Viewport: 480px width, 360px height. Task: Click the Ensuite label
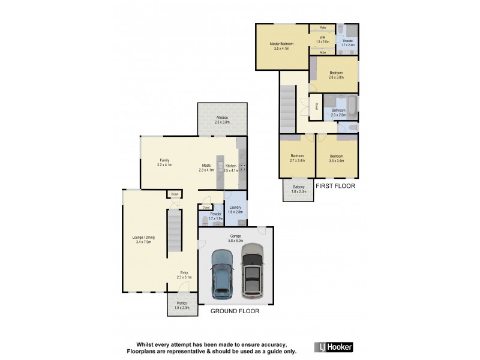tap(348, 43)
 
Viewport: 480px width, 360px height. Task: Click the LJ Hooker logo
tap(334, 347)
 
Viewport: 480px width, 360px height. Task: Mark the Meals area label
tap(206, 167)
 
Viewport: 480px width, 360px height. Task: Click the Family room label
tap(163, 162)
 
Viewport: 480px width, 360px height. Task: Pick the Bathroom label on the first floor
tap(338, 112)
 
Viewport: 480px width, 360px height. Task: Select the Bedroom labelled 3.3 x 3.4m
tap(337, 158)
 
